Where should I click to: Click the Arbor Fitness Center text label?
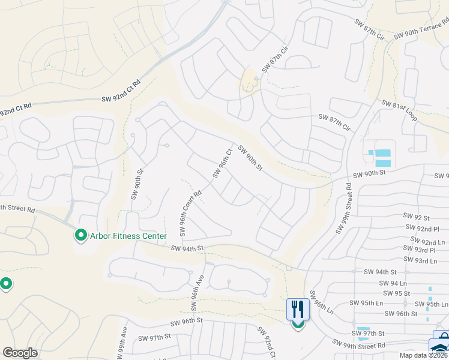pos(128,236)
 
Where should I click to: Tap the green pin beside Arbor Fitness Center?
pos(80,235)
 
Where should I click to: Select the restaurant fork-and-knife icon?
pos(298,310)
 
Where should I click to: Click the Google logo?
pos(20,353)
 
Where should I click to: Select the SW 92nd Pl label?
pos(422,228)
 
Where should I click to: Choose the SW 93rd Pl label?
pos(420,250)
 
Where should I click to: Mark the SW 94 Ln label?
pos(393,282)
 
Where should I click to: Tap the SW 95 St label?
pos(395,293)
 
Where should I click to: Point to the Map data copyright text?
pos(424,355)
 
